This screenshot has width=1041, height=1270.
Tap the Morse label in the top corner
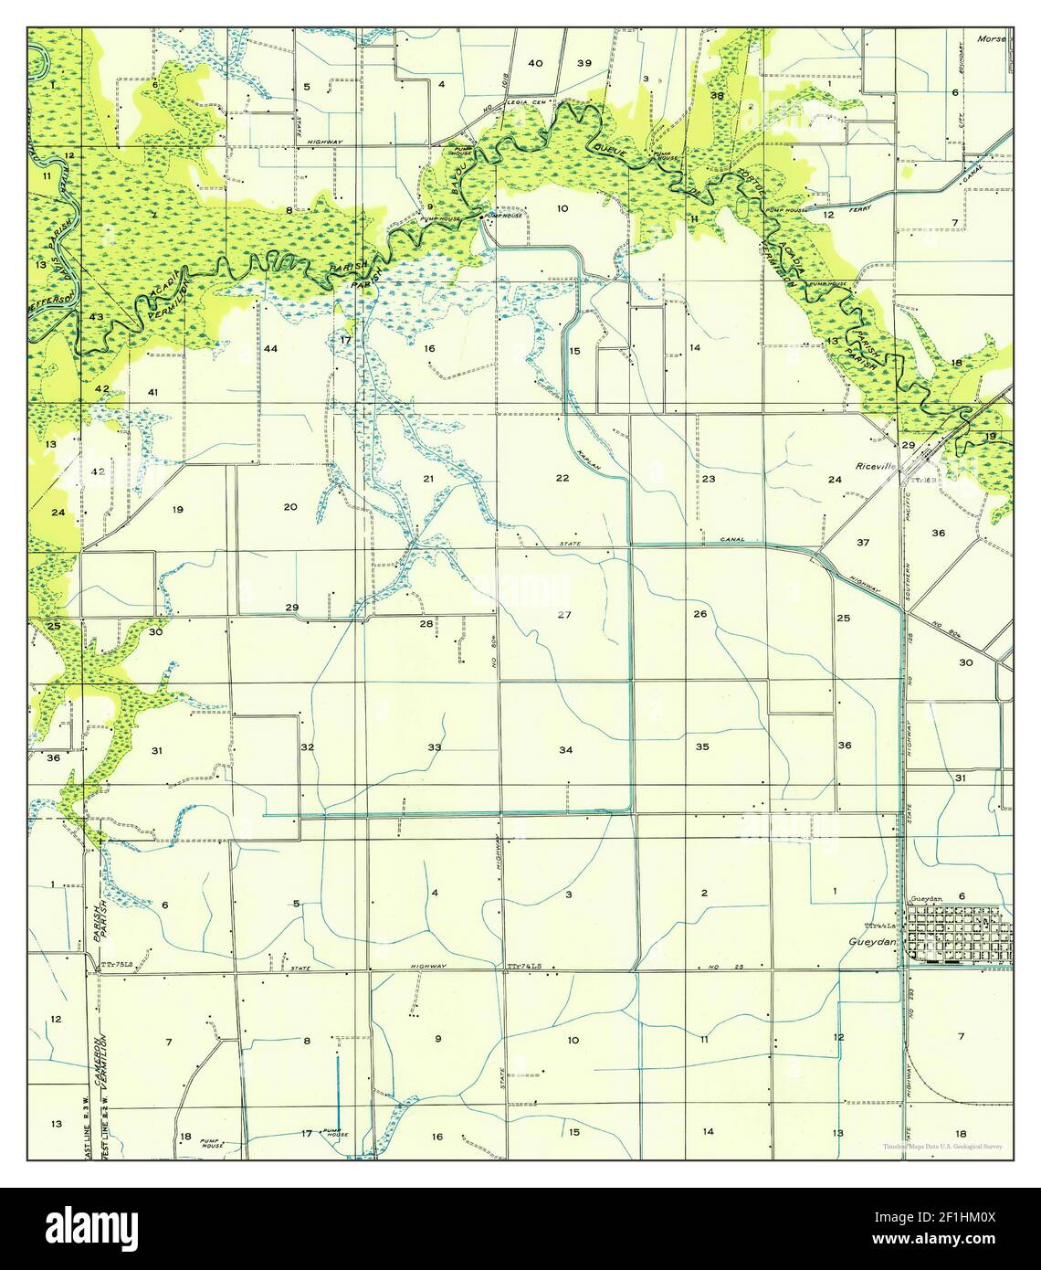990,39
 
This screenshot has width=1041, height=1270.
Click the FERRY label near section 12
858,209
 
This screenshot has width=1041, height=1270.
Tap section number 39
584,63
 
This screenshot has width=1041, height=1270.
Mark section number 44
270,349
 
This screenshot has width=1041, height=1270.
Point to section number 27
564,615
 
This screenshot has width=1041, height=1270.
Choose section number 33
435,747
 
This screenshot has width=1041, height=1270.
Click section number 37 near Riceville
863,543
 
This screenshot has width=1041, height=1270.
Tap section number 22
563,478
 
